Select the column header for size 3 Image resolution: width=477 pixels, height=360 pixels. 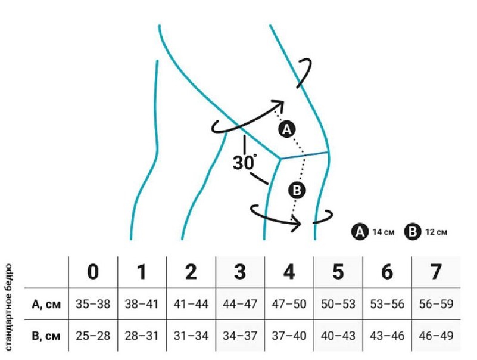point(240,272)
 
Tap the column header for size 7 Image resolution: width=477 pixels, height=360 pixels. point(436,272)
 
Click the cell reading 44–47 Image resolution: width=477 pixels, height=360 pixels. point(240,304)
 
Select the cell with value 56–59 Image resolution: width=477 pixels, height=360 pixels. point(436,304)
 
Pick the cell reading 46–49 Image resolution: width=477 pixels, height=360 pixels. point(436,336)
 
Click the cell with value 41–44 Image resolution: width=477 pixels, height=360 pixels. point(191,304)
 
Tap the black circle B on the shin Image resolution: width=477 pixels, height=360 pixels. point(296,190)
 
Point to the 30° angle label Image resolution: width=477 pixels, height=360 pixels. point(245,162)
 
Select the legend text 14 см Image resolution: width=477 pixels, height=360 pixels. point(384,232)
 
